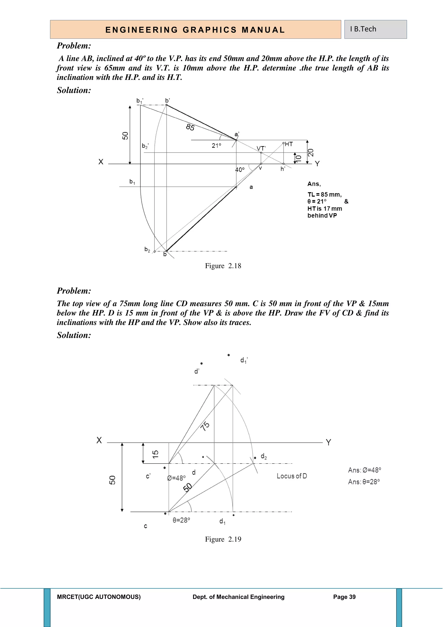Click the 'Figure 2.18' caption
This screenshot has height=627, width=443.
(223, 266)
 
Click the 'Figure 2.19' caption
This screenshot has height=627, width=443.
(223, 539)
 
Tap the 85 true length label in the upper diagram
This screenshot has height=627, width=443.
(190, 127)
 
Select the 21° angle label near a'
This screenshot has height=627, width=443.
(216, 145)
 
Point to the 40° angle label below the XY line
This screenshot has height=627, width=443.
(240, 170)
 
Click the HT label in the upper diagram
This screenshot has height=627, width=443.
(289, 144)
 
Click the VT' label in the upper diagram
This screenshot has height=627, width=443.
(261, 149)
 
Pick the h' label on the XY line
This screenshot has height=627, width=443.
(283, 169)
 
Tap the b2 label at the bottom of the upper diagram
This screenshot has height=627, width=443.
(147, 249)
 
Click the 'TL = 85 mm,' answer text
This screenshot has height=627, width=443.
(324, 194)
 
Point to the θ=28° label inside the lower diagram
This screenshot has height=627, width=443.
(181, 520)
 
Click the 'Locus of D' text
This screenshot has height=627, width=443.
(292, 476)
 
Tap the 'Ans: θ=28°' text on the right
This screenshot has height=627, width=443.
(364, 482)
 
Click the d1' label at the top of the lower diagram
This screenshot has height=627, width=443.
(244, 360)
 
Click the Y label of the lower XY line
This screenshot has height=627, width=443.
(328, 442)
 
